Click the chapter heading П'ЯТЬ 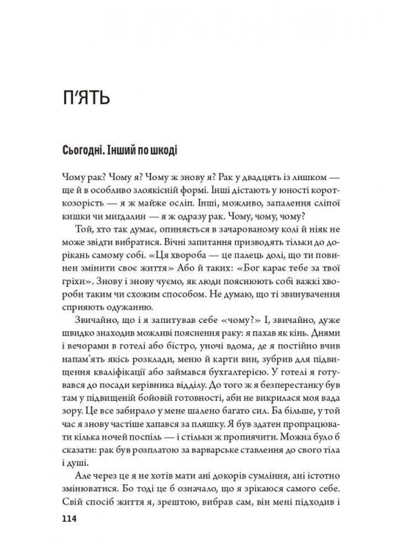tap(88, 99)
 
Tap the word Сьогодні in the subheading tap(84, 150)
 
